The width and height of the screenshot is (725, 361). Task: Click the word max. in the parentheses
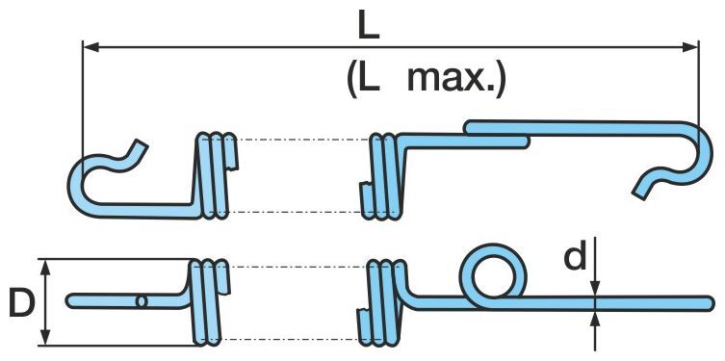456,80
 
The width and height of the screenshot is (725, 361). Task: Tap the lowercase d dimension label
575,255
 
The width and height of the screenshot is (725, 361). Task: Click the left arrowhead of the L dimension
91,46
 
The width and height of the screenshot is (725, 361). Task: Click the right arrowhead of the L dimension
690,46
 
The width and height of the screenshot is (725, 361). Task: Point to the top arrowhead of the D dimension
45,268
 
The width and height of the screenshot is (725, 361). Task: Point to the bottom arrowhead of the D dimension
45,337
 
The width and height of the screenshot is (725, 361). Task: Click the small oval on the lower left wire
142,301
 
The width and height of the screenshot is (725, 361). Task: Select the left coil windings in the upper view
214,174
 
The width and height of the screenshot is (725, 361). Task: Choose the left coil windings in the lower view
207,302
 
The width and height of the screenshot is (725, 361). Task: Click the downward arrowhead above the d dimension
596,288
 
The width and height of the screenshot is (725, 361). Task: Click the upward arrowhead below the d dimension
596,319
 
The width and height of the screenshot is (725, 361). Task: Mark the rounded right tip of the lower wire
711,303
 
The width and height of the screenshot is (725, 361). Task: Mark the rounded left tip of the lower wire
70,301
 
